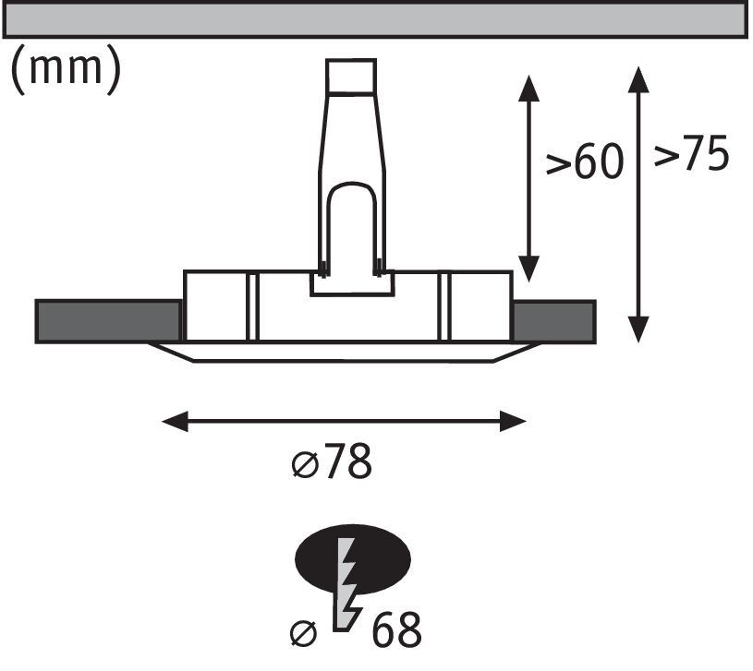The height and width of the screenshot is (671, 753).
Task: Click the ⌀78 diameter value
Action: (332, 463)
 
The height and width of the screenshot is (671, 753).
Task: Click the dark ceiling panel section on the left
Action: (107, 321)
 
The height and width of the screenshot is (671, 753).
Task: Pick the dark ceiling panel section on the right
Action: (553, 321)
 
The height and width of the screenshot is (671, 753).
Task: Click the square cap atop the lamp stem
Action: (351, 78)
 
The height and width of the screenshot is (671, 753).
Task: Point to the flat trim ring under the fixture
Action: (343, 353)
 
